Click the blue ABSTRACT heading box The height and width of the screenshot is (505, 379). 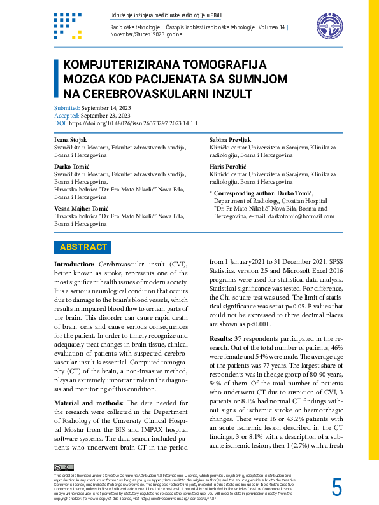83,247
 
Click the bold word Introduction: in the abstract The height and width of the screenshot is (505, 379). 74,264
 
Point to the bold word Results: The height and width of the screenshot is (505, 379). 220,338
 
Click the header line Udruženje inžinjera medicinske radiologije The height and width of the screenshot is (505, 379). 160,14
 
